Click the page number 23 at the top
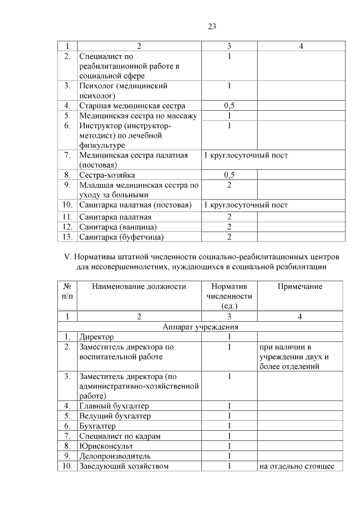pos(212,26)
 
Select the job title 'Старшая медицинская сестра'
pos(132,105)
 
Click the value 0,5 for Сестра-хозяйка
pos(229,175)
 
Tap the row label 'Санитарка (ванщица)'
pos(118,227)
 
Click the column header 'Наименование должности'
pos(139,286)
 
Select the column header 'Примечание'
pos(300,286)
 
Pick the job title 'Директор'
pos(97,337)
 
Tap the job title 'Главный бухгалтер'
pos(114,406)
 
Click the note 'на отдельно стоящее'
pos(297,466)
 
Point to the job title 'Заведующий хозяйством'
pos(124,466)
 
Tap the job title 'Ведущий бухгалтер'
pos(115,416)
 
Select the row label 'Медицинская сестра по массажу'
pos(138,115)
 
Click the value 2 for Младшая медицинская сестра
pos(229,185)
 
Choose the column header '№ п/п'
pos(67,291)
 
